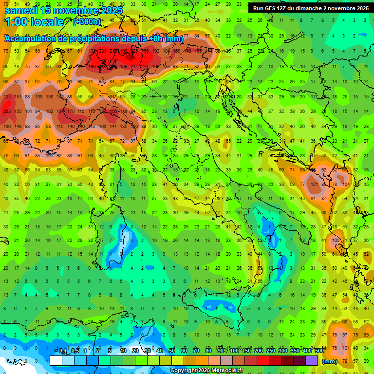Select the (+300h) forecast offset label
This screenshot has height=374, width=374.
(87, 21)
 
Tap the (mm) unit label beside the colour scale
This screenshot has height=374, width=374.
(330, 361)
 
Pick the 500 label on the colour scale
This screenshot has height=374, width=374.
(319, 351)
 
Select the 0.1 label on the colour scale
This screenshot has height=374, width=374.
(63, 351)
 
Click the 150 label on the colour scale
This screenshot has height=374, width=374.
(246, 351)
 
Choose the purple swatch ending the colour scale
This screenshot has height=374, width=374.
(312, 360)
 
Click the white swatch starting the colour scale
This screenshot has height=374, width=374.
(56, 360)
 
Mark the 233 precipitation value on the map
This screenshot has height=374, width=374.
(7, 112)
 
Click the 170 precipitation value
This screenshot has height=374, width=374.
(71, 112)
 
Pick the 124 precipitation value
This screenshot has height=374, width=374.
(7, 97)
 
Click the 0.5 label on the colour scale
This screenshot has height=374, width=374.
(75, 351)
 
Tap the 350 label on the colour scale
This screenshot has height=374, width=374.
(295, 351)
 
